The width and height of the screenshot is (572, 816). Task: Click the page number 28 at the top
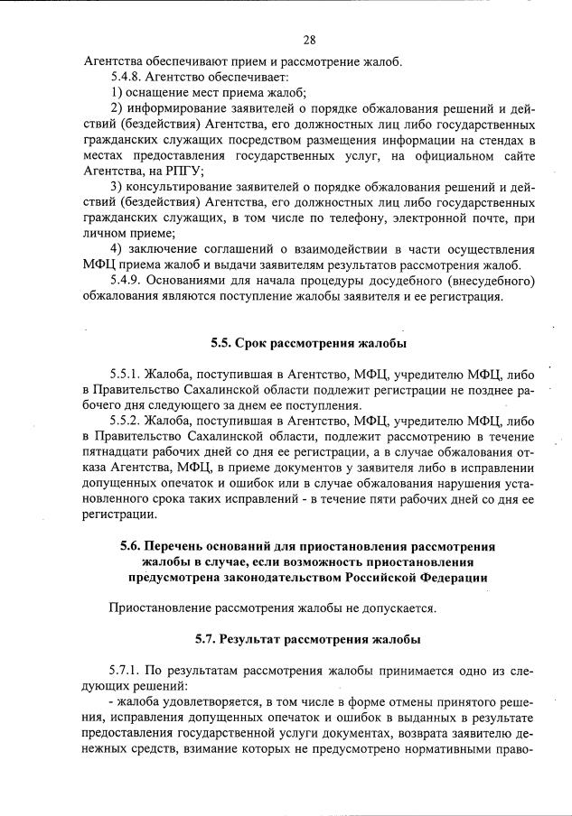coord(309,40)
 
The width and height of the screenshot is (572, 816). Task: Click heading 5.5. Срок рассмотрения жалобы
coord(308,343)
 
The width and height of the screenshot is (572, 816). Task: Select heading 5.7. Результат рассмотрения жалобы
coord(308,639)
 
